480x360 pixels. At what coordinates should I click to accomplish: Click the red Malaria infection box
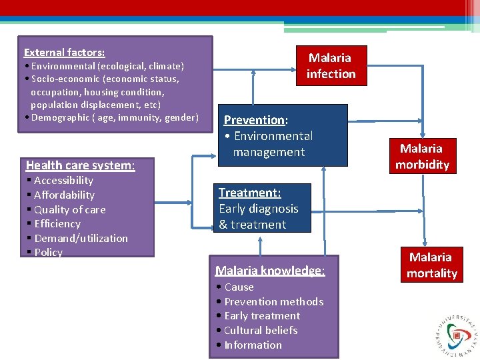click(331, 65)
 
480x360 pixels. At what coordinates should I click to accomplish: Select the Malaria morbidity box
click(422, 157)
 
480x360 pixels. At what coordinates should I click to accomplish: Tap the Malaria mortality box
click(431, 265)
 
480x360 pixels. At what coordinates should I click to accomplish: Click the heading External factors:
click(65, 52)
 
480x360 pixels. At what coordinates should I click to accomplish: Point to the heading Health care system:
click(80, 165)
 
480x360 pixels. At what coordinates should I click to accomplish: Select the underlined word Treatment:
click(250, 193)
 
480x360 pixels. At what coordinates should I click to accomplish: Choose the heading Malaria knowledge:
click(270, 271)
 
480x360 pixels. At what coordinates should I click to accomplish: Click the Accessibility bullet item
click(63, 181)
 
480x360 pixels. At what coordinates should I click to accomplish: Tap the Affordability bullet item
click(64, 195)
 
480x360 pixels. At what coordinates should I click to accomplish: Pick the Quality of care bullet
click(69, 209)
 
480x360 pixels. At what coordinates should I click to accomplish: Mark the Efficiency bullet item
click(57, 224)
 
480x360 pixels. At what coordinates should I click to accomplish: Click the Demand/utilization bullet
click(81, 238)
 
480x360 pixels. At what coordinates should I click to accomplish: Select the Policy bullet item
click(48, 253)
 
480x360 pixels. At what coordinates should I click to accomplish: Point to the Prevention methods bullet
click(273, 301)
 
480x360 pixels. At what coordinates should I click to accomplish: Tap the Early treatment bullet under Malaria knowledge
click(262, 316)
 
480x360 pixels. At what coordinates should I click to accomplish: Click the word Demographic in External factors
click(61, 118)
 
